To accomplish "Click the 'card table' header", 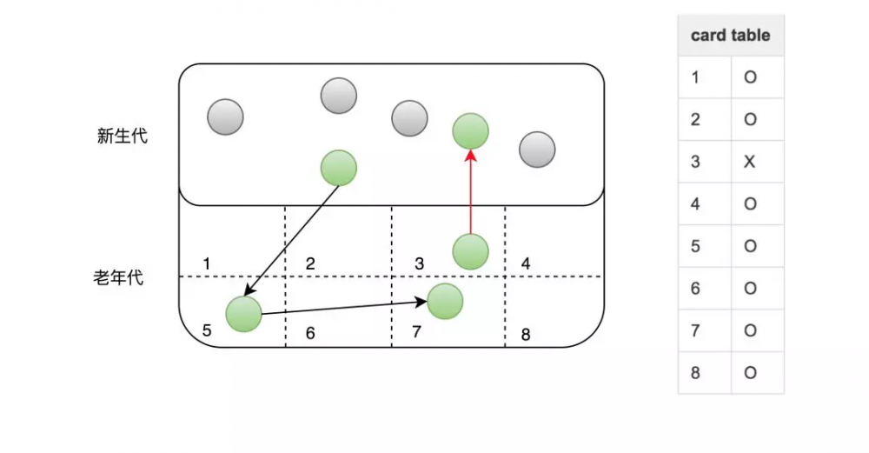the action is [x=730, y=36].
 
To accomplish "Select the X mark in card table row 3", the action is [x=749, y=162].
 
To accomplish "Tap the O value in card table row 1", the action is [x=750, y=77].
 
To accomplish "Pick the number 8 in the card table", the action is [x=695, y=373].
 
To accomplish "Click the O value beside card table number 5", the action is [x=750, y=246].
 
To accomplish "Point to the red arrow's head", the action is [x=470, y=156].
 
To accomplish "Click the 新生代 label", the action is [x=122, y=136].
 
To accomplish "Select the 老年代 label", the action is [x=118, y=277].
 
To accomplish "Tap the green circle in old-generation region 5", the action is [x=243, y=314].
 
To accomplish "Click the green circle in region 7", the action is [x=445, y=301].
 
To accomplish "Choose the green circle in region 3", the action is [x=470, y=252].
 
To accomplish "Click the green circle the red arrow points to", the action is [x=470, y=131].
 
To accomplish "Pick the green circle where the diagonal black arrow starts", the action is [x=339, y=168].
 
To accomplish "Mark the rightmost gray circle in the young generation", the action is [x=537, y=150].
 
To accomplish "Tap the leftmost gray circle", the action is [x=225, y=117].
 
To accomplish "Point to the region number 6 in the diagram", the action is [x=310, y=333].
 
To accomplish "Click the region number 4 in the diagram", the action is [x=526, y=263].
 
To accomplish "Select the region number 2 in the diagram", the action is [x=310, y=263].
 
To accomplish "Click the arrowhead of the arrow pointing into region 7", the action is [x=421, y=302].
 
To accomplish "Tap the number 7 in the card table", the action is [x=695, y=330].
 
